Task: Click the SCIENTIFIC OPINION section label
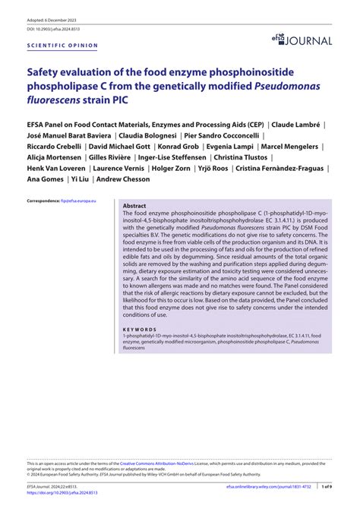[62, 45]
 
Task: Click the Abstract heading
[135, 205]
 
